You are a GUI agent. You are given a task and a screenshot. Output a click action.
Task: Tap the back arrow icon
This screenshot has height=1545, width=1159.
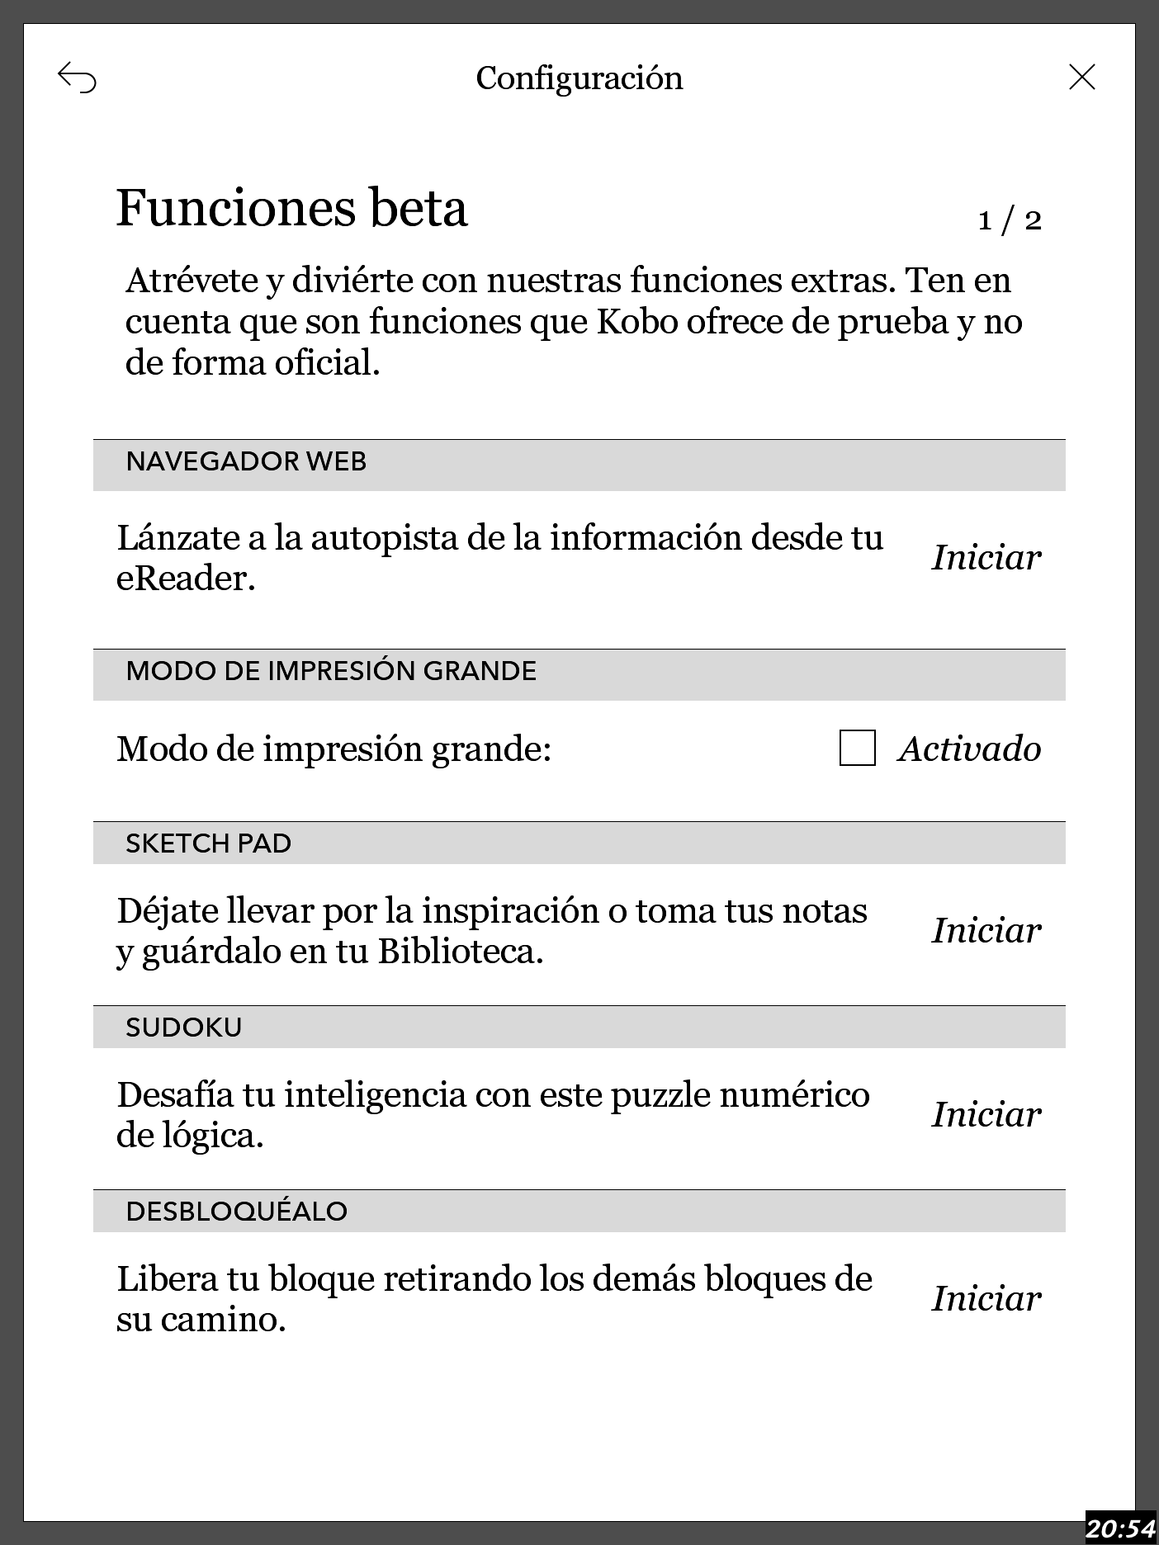tap(77, 78)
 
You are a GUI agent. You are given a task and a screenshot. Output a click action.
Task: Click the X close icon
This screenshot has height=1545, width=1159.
tap(1081, 77)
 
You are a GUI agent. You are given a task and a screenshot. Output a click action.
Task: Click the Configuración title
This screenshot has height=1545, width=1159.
tap(579, 78)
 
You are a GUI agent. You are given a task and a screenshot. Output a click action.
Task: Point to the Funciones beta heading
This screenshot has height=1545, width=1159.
tap(291, 208)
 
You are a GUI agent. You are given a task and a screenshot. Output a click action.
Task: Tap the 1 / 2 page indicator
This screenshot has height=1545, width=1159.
tap(1009, 220)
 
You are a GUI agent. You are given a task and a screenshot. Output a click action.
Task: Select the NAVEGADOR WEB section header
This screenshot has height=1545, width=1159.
tap(246, 461)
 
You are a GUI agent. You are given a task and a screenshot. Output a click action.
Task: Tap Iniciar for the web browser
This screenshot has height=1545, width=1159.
tap(986, 558)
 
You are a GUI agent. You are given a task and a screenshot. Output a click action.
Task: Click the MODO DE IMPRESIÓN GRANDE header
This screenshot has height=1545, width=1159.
tap(331, 671)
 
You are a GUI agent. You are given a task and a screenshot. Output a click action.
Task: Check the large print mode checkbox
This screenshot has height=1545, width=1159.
tap(857, 749)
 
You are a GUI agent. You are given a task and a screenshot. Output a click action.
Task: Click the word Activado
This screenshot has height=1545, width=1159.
tap(969, 749)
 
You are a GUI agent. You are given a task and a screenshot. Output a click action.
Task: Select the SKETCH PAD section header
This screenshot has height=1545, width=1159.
tap(208, 843)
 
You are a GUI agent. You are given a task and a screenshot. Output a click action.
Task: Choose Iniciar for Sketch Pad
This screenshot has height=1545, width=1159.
tap(986, 931)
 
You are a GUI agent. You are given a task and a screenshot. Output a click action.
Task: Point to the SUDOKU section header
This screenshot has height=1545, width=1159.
tap(183, 1028)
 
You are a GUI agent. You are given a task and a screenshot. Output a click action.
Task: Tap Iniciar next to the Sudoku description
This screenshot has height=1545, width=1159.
tap(986, 1115)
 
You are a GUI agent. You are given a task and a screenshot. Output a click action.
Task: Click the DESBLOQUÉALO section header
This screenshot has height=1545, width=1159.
tap(236, 1212)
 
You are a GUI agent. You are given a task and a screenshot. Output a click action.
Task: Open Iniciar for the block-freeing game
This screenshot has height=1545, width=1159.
tap(986, 1299)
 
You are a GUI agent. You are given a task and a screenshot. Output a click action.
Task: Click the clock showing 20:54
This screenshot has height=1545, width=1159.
tap(1120, 1528)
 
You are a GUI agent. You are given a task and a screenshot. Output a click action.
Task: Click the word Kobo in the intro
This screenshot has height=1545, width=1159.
tap(632, 322)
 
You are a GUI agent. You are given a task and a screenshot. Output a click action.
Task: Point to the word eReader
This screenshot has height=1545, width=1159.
tap(185, 579)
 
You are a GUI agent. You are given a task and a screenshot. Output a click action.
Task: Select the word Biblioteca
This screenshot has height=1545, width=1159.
tap(461, 952)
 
